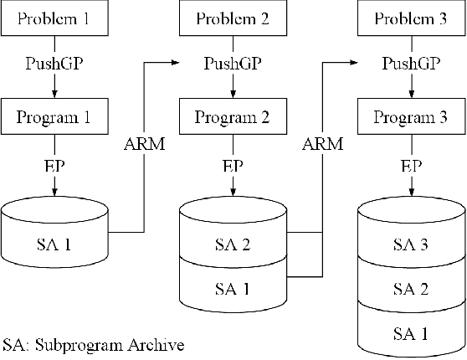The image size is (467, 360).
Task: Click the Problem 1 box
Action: [55, 19]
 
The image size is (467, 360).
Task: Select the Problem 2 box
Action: [233, 19]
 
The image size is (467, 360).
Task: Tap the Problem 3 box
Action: [410, 19]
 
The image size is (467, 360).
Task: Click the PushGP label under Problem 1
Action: [55, 63]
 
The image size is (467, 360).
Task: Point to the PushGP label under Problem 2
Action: [233, 63]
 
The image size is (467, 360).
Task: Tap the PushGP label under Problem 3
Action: [410, 63]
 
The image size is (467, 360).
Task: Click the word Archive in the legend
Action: [157, 344]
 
